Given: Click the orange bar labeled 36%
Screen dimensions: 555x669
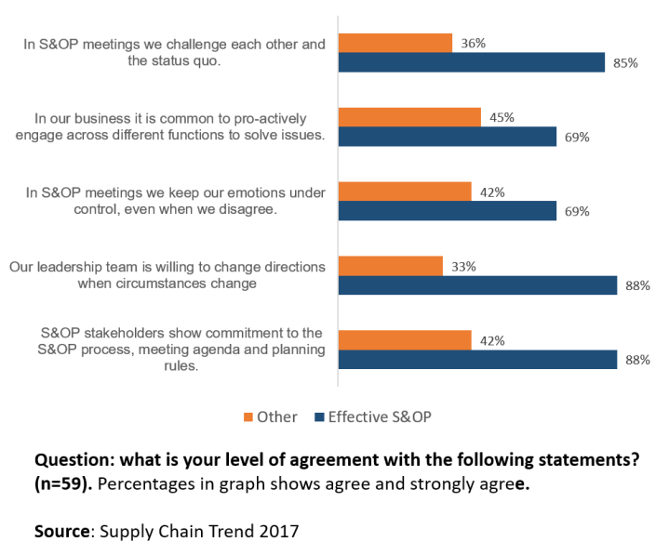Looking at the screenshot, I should (395, 43).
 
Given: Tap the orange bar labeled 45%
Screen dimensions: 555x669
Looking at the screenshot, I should (409, 117).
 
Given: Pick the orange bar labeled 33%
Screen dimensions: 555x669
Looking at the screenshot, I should (390, 266).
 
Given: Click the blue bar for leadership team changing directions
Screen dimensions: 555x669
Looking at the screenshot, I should (477, 285).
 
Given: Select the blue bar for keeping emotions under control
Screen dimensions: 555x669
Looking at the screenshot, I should (447, 211).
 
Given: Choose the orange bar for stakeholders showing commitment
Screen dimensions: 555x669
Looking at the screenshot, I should (404, 340).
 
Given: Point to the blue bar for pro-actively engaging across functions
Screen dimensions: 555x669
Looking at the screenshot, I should (447, 137).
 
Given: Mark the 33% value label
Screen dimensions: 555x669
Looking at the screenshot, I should (463, 266).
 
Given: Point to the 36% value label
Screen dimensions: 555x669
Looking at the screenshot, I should (474, 43).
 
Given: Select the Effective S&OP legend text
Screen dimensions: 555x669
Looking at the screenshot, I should (380, 417).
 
